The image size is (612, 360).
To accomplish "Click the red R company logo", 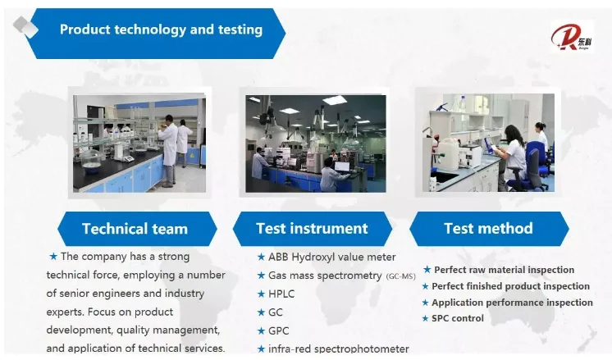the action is click(x=572, y=37).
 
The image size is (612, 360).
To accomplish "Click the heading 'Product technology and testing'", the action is click(x=161, y=30).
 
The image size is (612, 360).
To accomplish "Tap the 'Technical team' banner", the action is click(x=137, y=229).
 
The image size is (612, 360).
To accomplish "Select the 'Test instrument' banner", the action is click(x=313, y=229).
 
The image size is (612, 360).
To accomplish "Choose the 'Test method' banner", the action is click(x=489, y=229).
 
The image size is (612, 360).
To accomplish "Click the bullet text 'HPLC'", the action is click(x=281, y=294).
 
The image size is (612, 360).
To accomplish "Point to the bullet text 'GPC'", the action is click(x=279, y=330).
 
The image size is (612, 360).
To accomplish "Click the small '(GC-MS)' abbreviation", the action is click(x=400, y=276).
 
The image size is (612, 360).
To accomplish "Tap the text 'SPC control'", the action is click(x=458, y=318).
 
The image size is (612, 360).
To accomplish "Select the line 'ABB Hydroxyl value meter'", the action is click(x=331, y=257).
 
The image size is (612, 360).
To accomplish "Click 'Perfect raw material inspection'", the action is click(x=504, y=270).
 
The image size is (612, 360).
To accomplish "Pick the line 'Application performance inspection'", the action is click(x=512, y=303).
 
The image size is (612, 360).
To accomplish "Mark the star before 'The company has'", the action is click(x=53, y=256).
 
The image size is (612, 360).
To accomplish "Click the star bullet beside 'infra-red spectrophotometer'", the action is click(x=261, y=349).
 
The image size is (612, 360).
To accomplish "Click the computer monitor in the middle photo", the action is click(x=342, y=166).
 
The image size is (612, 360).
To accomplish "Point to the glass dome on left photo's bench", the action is click(x=91, y=159).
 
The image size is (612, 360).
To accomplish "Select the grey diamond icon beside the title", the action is click(x=25, y=26).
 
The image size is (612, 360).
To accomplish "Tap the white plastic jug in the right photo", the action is click(x=448, y=154).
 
